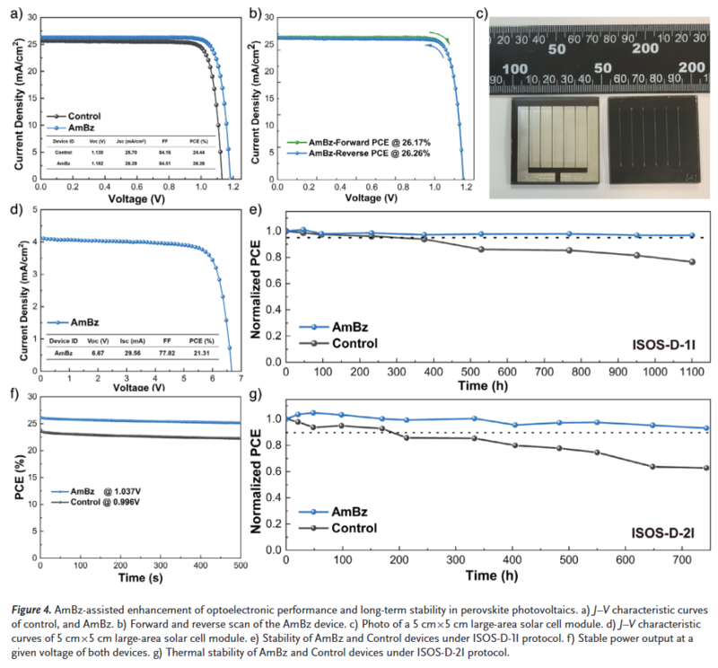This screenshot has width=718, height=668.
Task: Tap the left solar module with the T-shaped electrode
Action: click(554, 142)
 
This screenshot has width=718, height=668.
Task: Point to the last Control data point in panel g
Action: click(681, 468)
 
